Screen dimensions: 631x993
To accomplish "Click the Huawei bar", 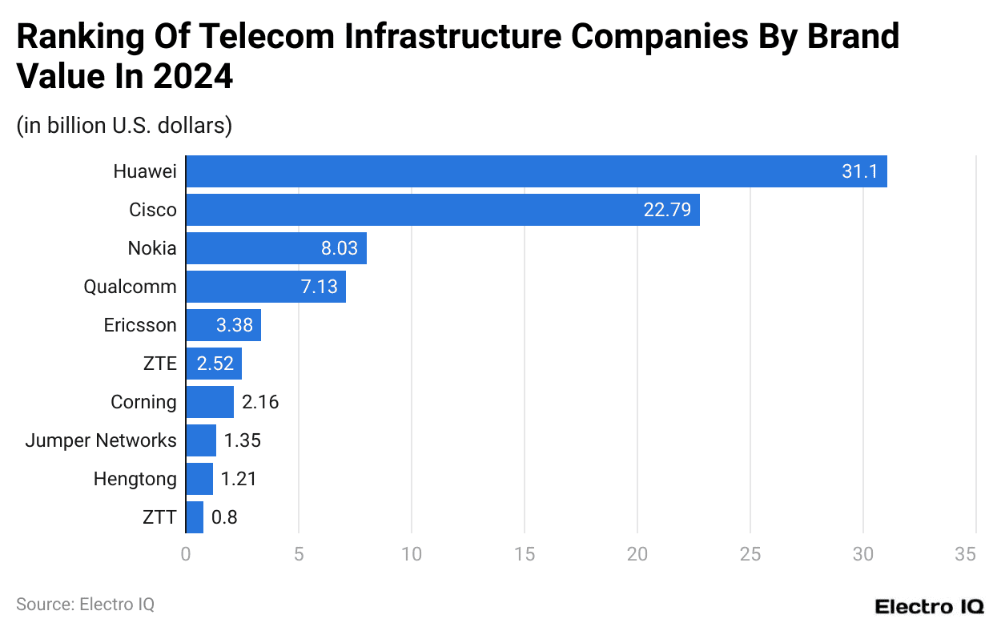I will pos(536,171).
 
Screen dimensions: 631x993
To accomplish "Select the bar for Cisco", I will pos(442,210).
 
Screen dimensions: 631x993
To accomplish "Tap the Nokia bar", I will pos(275,248).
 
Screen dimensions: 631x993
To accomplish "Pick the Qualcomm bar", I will pos(265,287).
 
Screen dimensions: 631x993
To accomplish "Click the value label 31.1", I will pos(859,171).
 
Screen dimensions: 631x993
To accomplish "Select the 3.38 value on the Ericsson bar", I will pos(235,325).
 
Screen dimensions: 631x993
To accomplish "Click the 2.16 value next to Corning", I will pos(260,402).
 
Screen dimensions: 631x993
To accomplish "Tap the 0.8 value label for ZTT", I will pos(224,517).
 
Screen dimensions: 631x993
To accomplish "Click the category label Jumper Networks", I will pos(101,440).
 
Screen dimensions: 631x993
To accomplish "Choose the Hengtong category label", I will pos(135,479).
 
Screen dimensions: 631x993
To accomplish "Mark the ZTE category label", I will pos(159,364).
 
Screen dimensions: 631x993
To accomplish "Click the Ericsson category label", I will pos(140,325).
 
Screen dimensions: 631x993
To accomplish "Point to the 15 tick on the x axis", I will pos(524,553).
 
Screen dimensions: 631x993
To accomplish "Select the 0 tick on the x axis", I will pos(186,553).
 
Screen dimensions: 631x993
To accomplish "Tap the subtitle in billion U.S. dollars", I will pos(124,126).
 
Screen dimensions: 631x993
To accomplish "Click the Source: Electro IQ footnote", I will pos(85,605).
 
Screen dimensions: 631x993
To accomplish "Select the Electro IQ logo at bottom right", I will pos(929,606).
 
